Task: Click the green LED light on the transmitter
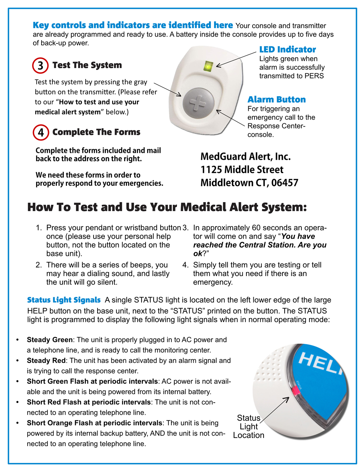coord(208,67)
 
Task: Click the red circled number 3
coord(40,66)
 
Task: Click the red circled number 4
coord(41,132)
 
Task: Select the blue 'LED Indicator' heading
coord(287,50)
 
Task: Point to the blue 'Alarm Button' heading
coord(276,100)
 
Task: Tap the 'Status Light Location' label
coord(249,426)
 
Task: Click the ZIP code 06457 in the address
coord(285,183)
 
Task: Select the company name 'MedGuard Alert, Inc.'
coord(245,157)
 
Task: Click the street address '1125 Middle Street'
coord(242,170)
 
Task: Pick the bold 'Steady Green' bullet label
coord(50,340)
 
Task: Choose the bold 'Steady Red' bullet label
coord(46,361)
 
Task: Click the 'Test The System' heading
coord(87,65)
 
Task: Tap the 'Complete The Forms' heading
coord(96,132)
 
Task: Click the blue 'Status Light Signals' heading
coord(64,300)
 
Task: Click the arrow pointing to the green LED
coord(236,59)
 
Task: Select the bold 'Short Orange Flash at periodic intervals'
coord(94,423)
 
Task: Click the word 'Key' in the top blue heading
coord(41,25)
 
